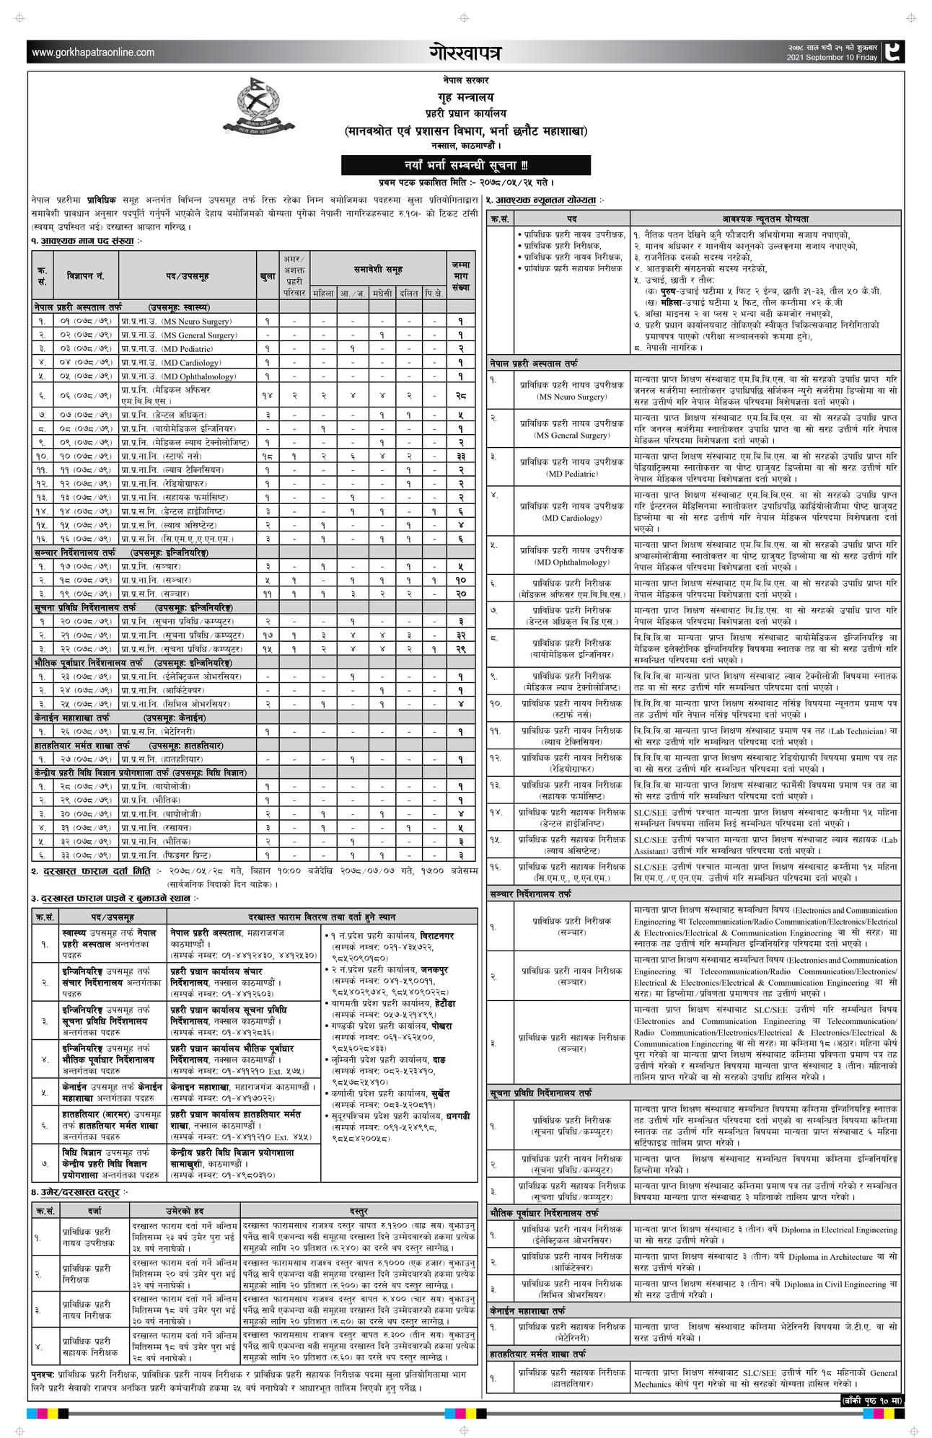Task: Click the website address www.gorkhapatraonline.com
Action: (x=93, y=52)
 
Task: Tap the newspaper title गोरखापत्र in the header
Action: (x=465, y=52)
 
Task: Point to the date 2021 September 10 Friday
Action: (x=832, y=57)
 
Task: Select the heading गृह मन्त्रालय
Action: (x=465, y=97)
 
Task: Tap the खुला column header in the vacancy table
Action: (x=267, y=275)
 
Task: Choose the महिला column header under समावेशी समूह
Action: (x=323, y=293)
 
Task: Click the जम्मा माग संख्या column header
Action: (x=460, y=275)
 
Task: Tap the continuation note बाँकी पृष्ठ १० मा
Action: (x=872, y=1400)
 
